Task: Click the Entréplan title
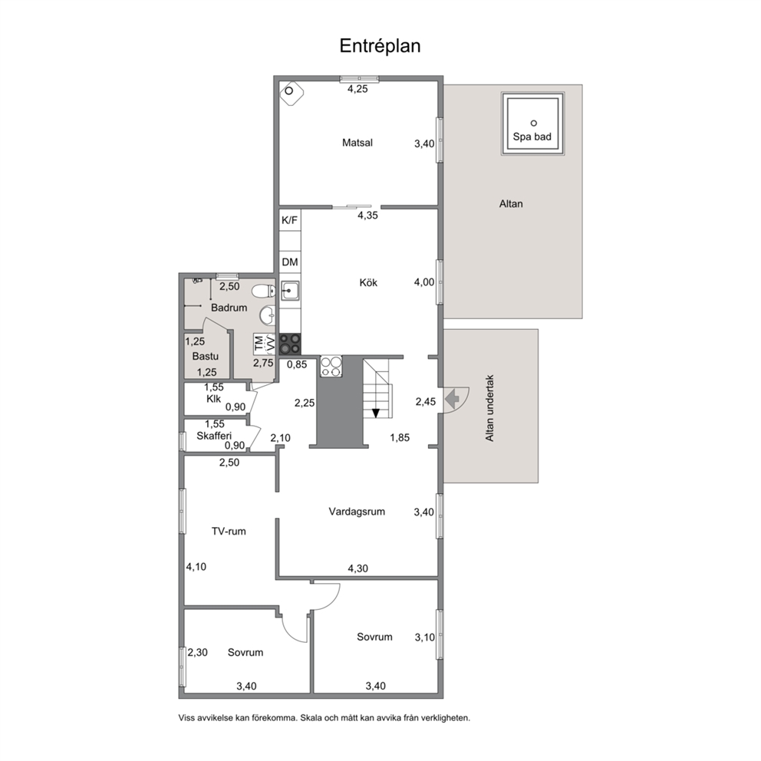[x=380, y=45]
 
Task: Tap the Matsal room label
[x=357, y=143]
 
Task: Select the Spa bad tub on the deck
[x=533, y=124]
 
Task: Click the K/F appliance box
[x=290, y=220]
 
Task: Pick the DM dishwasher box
[x=290, y=262]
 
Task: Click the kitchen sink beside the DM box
[x=290, y=291]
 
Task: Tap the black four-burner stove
[x=290, y=344]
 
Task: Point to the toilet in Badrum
[x=264, y=292]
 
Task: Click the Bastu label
[x=206, y=356]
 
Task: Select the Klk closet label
[x=213, y=398]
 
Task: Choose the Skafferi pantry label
[x=214, y=436]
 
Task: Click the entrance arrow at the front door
[x=452, y=399]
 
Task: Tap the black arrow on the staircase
[x=376, y=413]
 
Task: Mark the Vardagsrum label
[x=357, y=512]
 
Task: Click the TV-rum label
[x=229, y=532]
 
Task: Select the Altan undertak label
[x=489, y=408]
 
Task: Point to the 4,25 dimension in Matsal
[x=357, y=89]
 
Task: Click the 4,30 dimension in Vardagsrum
[x=357, y=568]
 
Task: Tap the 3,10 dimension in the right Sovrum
[x=425, y=637]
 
